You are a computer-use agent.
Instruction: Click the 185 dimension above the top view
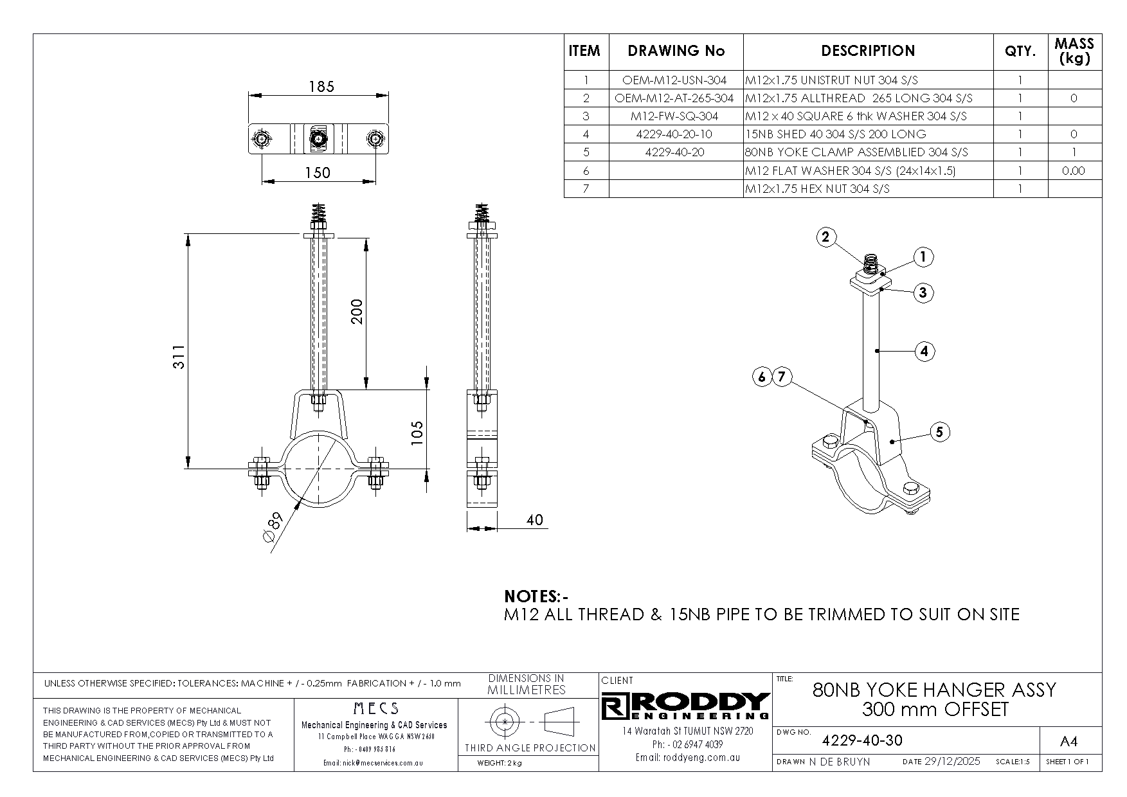click(x=321, y=86)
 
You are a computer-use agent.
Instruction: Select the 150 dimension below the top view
click(x=318, y=172)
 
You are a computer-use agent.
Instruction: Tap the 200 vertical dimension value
click(x=357, y=311)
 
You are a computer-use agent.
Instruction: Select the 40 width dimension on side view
click(x=534, y=520)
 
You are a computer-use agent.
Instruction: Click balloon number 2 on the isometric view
click(x=826, y=237)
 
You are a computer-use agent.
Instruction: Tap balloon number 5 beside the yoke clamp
click(x=939, y=432)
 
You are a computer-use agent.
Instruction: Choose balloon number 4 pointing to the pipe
click(x=924, y=351)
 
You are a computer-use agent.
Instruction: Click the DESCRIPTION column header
click(x=868, y=51)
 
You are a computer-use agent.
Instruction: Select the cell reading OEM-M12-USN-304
click(x=674, y=80)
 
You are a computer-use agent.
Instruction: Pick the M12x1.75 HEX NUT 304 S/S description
click(x=817, y=188)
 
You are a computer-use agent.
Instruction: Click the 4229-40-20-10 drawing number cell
click(x=674, y=134)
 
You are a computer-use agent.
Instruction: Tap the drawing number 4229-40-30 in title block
click(x=862, y=740)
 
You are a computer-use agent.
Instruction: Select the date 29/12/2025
click(x=951, y=762)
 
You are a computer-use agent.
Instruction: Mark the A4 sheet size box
click(x=1068, y=741)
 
